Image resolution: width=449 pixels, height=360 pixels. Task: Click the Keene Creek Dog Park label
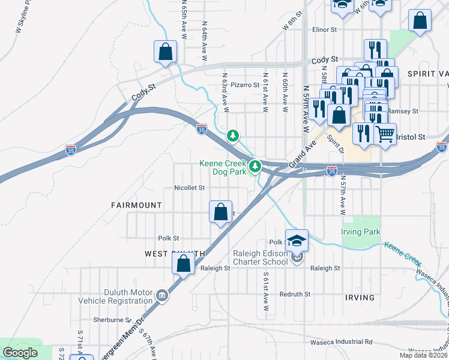pyautogui.click(x=223, y=167)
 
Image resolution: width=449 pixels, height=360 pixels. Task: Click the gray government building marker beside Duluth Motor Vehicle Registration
pyautogui.click(x=162, y=295)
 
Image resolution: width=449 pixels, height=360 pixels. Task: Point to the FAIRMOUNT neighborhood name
pyautogui.click(x=136, y=205)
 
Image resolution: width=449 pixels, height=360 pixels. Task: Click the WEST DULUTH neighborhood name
pyautogui.click(x=175, y=254)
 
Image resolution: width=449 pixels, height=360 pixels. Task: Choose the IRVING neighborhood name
pyautogui.click(x=360, y=298)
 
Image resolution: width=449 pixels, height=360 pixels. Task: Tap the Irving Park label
pyautogui.click(x=361, y=232)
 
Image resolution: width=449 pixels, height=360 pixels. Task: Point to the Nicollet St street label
pyautogui.click(x=190, y=188)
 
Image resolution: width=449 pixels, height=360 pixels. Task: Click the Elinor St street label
pyautogui.click(x=325, y=29)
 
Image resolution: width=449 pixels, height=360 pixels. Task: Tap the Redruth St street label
pyautogui.click(x=295, y=294)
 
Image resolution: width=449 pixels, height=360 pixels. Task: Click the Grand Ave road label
pyautogui.click(x=303, y=155)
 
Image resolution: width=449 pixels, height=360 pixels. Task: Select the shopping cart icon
pyautogui.click(x=385, y=133)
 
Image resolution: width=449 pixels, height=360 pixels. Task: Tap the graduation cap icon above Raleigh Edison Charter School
pyautogui.click(x=297, y=240)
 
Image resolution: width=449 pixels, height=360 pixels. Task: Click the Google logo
pyautogui.click(x=21, y=353)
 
